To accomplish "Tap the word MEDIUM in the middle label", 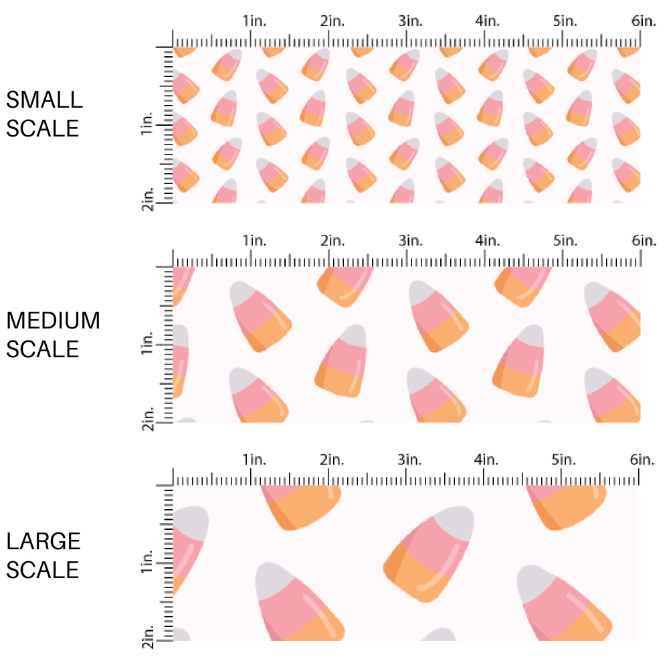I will (x=53, y=321).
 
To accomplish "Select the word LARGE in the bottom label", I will (x=43, y=541).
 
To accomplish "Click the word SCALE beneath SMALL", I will (x=43, y=128).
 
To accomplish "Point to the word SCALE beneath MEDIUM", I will (x=43, y=349).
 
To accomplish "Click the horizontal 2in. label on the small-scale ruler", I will (x=332, y=21).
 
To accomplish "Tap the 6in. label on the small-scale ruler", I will (x=644, y=21).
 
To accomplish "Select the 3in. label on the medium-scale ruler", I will (x=410, y=240).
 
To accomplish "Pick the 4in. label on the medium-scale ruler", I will (x=488, y=240).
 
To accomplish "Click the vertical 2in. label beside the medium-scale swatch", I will (x=148, y=418).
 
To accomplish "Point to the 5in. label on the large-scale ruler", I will (x=565, y=460).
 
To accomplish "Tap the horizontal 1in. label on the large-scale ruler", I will (x=254, y=460).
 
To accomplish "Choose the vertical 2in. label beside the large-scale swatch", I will (x=148, y=636).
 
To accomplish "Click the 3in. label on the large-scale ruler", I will (x=410, y=460).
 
